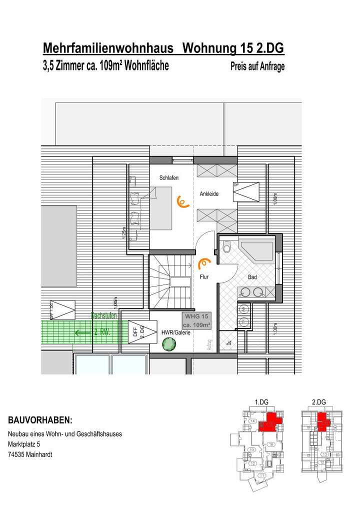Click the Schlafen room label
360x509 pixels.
pyautogui.click(x=169, y=178)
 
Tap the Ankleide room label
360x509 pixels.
pyautogui.click(x=209, y=193)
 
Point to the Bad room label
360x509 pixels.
pyautogui.click(x=252, y=276)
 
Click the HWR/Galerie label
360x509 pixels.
pyautogui.click(x=176, y=332)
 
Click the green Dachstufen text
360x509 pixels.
pyautogui.click(x=104, y=315)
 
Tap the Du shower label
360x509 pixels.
pyautogui.click(x=229, y=343)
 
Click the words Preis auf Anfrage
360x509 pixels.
pyautogui.click(x=257, y=66)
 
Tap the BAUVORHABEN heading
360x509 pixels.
pyautogui.click(x=40, y=419)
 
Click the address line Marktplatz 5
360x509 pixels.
pyautogui.click(x=24, y=444)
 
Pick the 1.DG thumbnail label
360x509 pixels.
pyautogui.click(x=262, y=402)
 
